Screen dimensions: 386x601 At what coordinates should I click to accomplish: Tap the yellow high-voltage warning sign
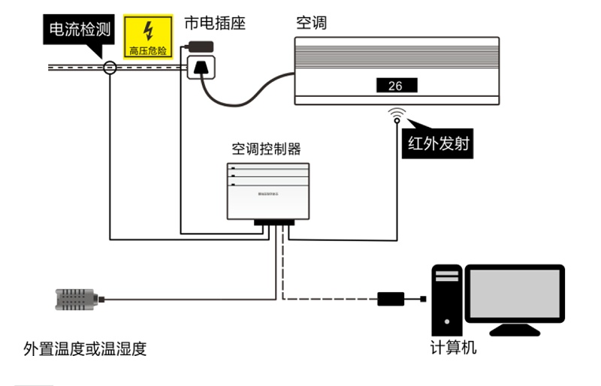[x=149, y=38]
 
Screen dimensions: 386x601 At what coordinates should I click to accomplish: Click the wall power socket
[x=201, y=67]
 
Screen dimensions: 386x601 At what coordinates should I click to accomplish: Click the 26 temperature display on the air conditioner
[x=396, y=86]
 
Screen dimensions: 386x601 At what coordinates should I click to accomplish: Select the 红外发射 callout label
[x=438, y=143]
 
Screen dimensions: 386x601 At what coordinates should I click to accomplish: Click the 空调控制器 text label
[x=267, y=149]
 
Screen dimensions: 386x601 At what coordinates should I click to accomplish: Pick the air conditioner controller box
[x=267, y=191]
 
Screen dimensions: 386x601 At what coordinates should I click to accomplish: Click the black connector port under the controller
[x=275, y=223]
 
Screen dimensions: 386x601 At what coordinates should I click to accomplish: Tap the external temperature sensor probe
[x=75, y=300]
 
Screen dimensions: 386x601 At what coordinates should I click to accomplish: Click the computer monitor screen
[x=515, y=293]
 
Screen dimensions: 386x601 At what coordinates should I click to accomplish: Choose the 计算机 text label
[x=453, y=348]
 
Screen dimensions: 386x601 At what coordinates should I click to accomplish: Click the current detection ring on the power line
[x=110, y=68]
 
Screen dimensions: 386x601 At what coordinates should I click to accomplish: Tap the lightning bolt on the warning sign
[x=149, y=31]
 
